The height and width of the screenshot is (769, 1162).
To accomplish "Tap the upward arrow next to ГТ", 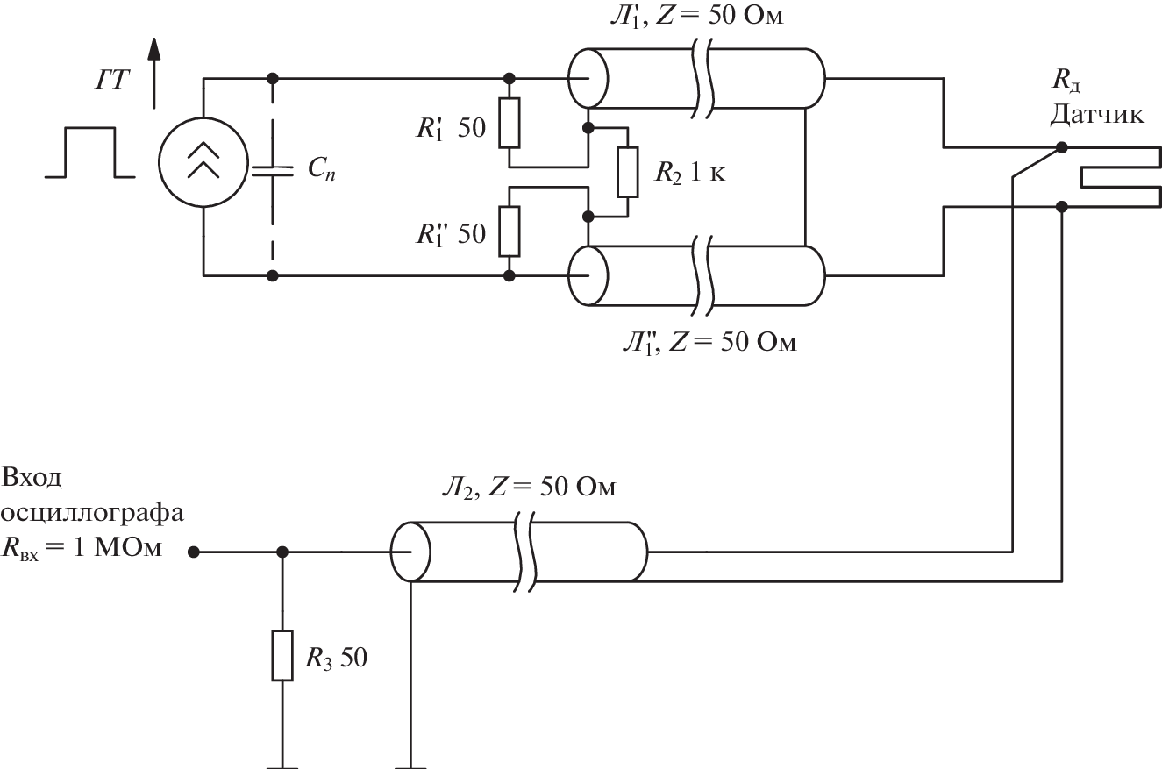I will pos(155,69).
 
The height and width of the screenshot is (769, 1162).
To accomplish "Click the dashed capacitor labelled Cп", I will pos(274,172).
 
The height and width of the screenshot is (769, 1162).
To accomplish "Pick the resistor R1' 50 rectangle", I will pos(510,122).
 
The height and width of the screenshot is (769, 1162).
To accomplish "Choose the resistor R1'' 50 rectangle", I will pos(510,231).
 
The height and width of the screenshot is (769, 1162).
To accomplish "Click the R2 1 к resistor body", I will pos(627,172).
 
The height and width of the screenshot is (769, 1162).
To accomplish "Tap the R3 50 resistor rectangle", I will pos(282,655).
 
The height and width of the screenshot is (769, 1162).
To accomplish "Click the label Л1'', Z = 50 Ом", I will pos(705,340).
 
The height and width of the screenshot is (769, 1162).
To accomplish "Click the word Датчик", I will pos(1096,115).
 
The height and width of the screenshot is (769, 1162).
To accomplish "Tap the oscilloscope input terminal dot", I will pos(195,552).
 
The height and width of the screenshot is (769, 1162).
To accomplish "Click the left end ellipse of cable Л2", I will pos(410,552).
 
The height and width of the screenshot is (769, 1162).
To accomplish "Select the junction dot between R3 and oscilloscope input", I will pos(282,552).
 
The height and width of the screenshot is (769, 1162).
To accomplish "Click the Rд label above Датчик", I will pos(1063,86).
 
